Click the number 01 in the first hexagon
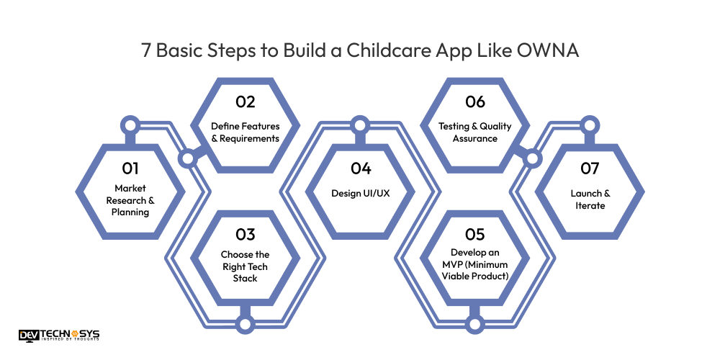[130, 168]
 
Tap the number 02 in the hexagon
[245, 102]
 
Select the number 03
[245, 235]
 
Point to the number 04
[361, 168]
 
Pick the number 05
[475, 235]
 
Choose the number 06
[475, 102]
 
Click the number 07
[590, 168]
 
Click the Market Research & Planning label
[130, 200]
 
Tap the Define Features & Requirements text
[245, 132]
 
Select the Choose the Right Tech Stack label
[245, 266]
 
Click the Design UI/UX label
[361, 193]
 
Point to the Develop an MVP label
[475, 264]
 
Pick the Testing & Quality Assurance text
[475, 132]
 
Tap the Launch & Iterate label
[590, 199]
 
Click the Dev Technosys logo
[59, 336]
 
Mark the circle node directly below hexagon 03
[245, 324]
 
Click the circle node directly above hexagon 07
[590, 125]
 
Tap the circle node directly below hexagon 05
[475, 324]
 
